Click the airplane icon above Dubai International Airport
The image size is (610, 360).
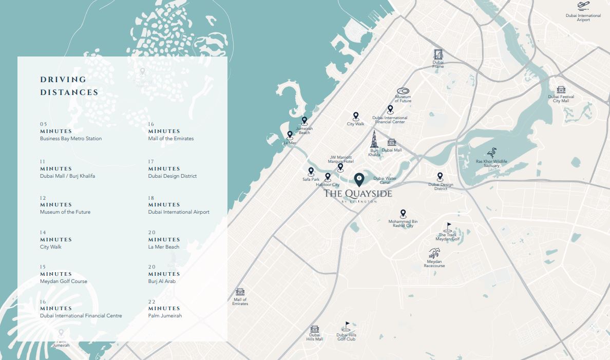583,6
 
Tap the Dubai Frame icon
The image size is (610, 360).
437,55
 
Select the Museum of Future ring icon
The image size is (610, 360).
403,91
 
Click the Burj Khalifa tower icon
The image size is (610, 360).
374,140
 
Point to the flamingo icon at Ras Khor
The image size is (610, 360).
491,153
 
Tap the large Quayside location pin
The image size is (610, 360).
359,179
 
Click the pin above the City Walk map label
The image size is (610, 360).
355,117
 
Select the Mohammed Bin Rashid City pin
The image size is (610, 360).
403,214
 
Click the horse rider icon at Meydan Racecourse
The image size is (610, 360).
434,254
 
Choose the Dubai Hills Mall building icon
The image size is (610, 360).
314,329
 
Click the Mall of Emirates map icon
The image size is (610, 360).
240,292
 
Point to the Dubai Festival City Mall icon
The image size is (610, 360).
561,90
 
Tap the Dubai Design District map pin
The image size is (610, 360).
440,177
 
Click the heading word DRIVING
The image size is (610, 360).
63,80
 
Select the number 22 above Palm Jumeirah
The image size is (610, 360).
151,301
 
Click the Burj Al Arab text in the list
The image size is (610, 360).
162,281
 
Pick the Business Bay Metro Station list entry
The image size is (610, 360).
71,139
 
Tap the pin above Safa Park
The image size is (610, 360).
311,172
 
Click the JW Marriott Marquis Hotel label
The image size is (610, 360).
341,159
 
